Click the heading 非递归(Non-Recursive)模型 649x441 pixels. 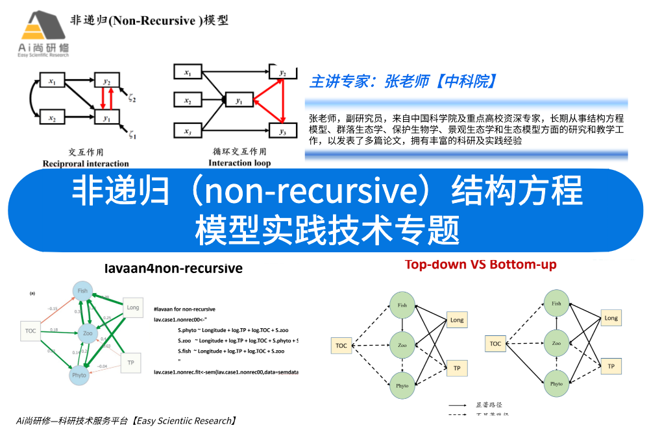point(149,20)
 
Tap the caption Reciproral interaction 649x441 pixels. point(86,163)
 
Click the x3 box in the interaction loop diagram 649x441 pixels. point(188,132)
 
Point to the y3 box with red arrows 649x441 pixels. point(282,132)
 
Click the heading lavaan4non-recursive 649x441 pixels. point(173,268)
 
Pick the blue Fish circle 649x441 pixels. point(81,291)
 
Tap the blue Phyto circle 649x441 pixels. point(79,375)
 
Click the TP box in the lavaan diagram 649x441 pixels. point(131,363)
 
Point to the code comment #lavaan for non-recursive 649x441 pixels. point(184,309)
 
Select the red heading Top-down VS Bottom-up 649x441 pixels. point(480,265)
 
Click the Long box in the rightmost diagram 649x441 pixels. point(611,318)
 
